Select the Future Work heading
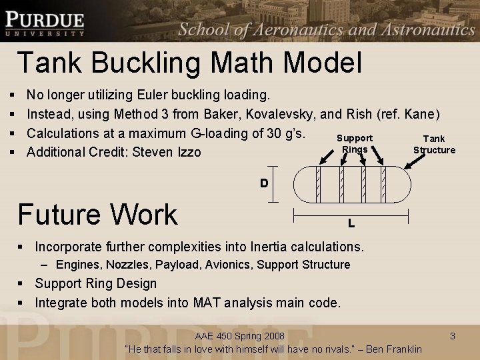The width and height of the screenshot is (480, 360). [x=97, y=214]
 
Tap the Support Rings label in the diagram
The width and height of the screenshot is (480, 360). [x=354, y=144]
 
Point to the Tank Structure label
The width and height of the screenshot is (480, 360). [x=434, y=144]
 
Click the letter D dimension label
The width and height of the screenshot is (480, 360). [x=264, y=183]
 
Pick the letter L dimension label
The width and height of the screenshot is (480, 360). [x=351, y=223]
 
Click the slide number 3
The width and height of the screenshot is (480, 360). [x=452, y=336]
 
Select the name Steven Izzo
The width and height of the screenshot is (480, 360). [x=167, y=152]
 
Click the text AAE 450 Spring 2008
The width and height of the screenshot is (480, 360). [x=239, y=335]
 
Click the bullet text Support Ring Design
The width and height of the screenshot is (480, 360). [x=95, y=283]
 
